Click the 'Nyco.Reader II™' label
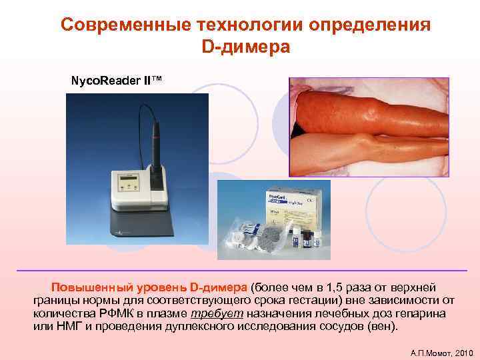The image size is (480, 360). pyautogui.click(x=116, y=81)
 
